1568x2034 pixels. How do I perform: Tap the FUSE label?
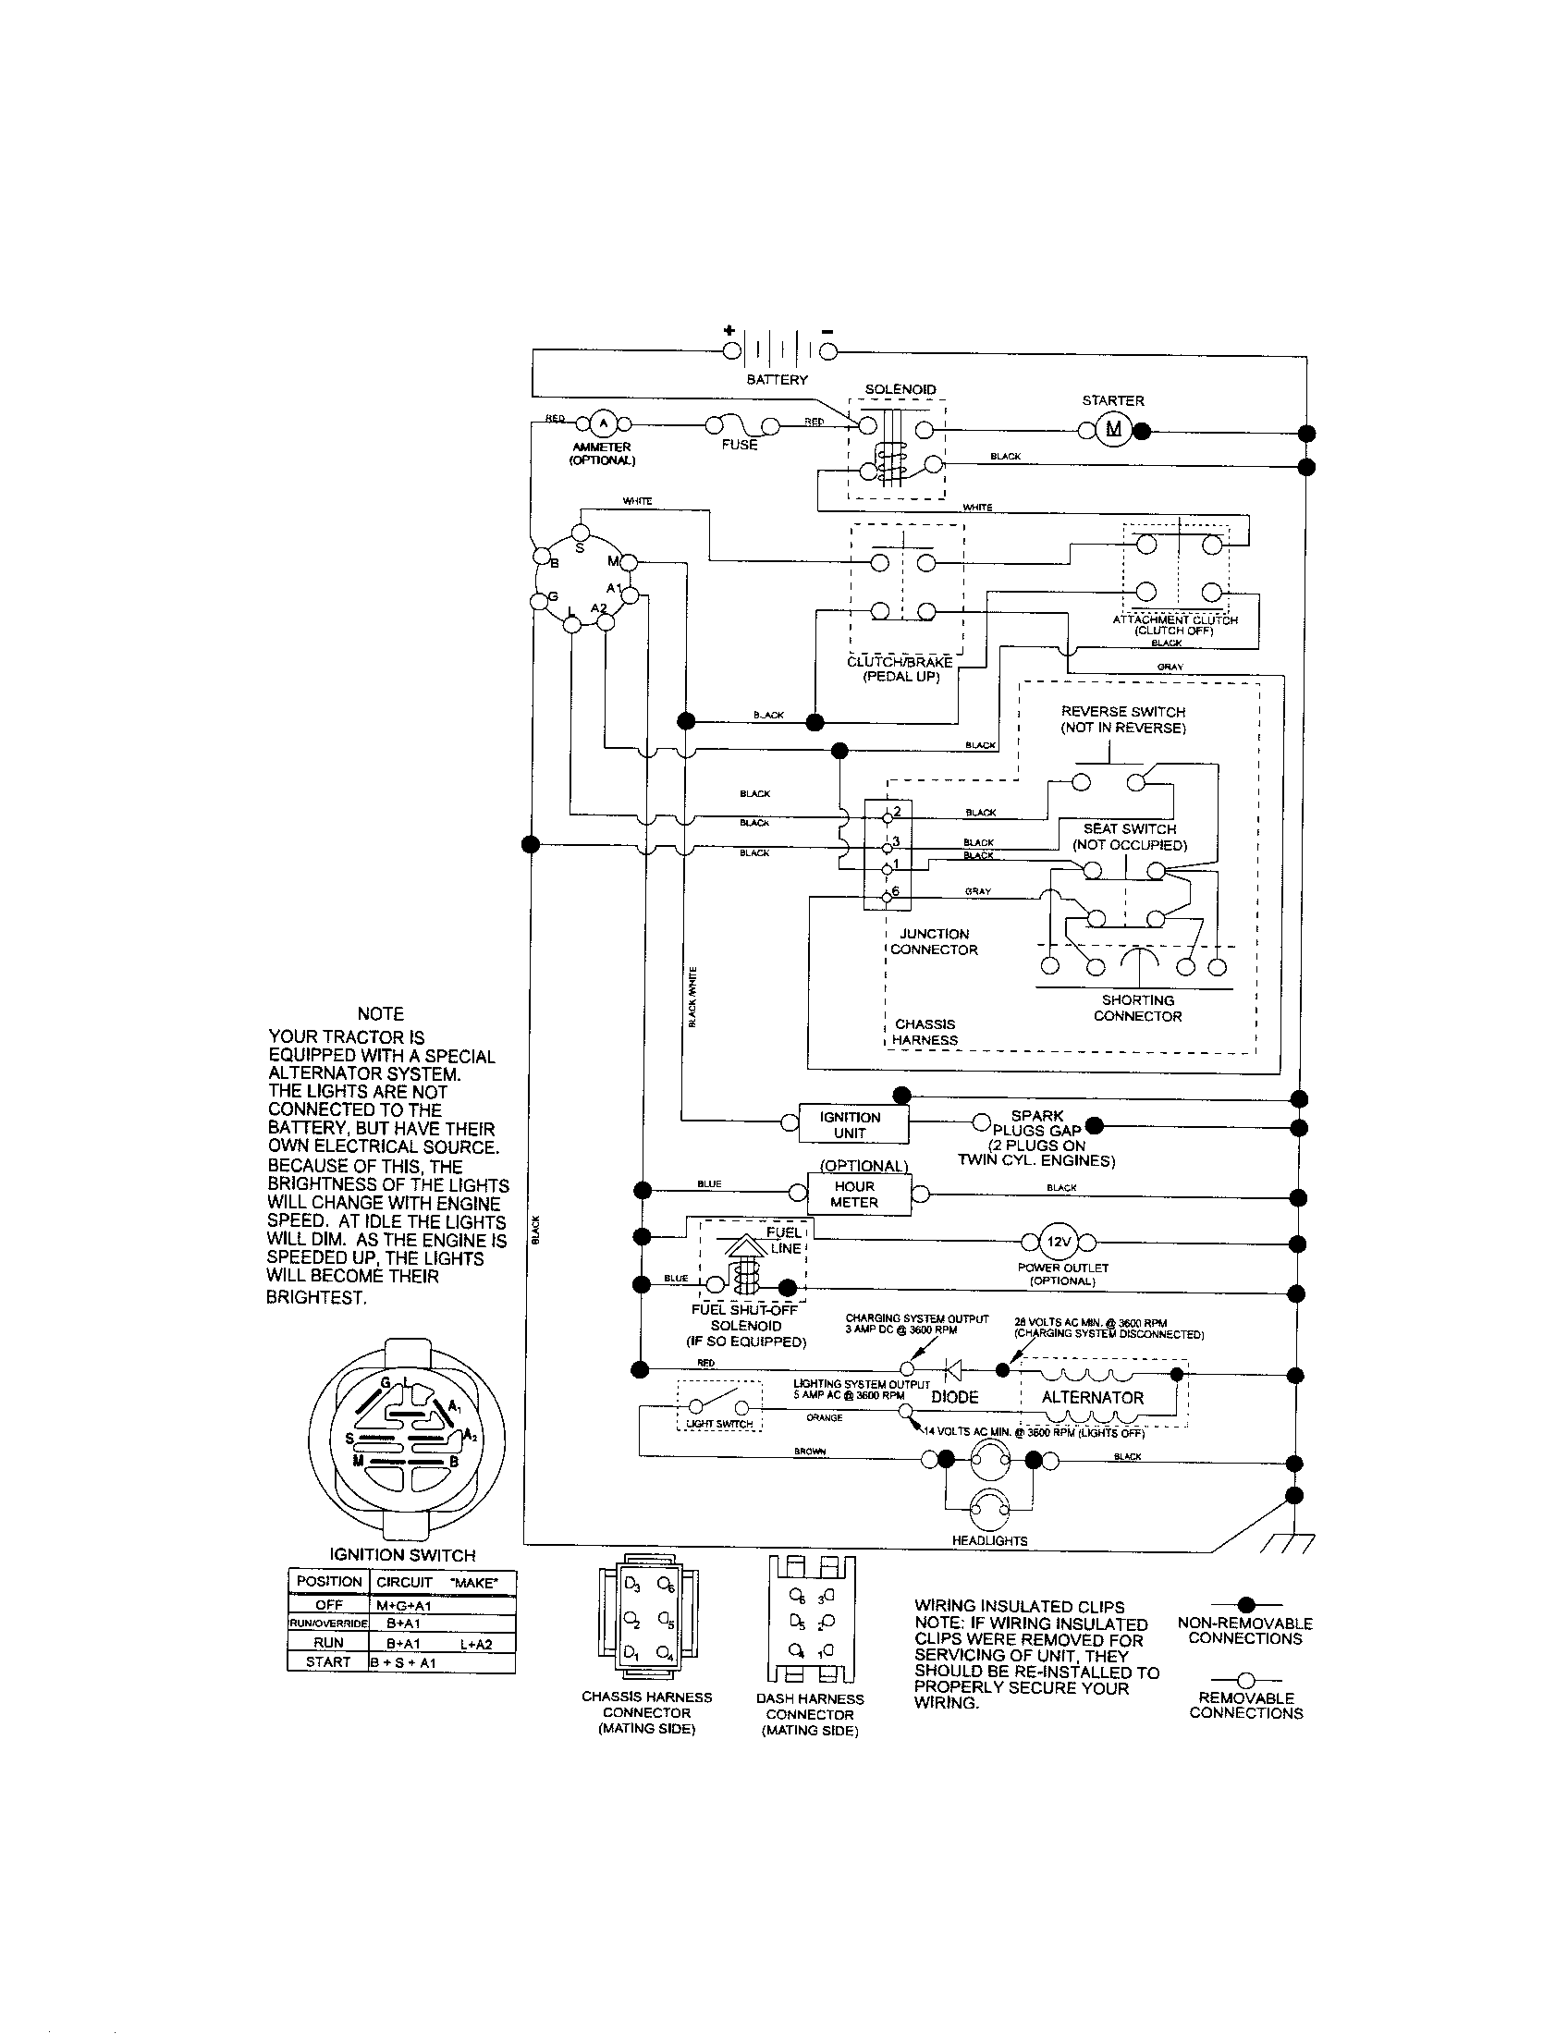740,446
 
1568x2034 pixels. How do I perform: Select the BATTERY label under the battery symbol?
778,380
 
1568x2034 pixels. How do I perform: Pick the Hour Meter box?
854,1194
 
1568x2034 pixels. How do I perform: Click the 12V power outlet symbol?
1059,1242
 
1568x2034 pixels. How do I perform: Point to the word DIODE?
955,1397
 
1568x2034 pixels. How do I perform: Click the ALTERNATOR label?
1092,1397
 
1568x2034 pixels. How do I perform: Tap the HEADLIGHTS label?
989,1540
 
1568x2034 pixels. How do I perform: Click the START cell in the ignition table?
328,1661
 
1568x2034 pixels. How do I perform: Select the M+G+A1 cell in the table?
404,1605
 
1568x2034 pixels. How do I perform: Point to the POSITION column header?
329,1581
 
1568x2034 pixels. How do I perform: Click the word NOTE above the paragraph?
381,1014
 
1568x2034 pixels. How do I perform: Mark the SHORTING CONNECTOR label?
1137,1008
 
